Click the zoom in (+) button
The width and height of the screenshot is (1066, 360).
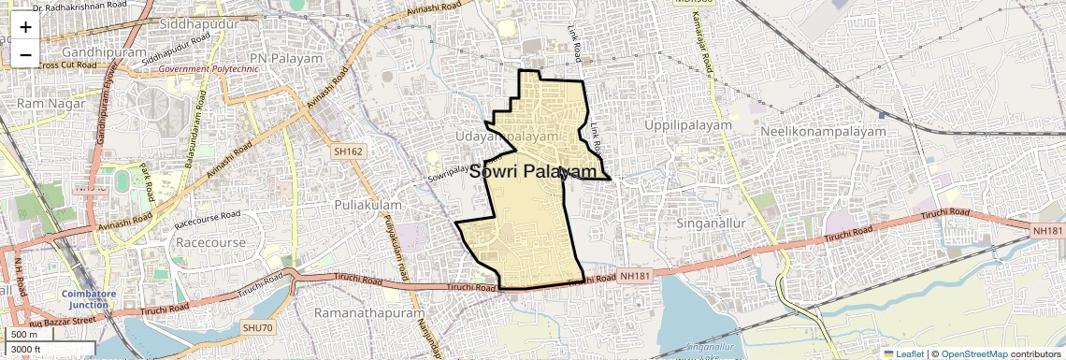[x=25, y=26]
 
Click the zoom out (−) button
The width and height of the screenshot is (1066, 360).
[x=25, y=53]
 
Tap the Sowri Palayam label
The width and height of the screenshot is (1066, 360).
[x=532, y=172]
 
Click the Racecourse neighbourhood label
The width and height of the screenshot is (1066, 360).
[x=210, y=243]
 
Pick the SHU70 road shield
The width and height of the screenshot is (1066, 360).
[x=257, y=327]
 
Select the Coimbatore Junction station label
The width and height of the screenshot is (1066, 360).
[x=86, y=298]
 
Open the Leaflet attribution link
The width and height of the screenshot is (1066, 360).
[x=903, y=353]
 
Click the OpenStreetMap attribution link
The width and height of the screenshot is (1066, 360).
[x=973, y=353]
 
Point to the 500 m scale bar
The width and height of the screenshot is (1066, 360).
[x=28, y=335]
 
